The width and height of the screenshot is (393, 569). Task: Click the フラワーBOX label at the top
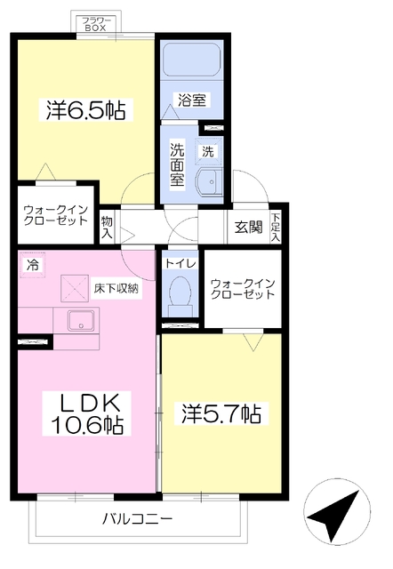pos(95,24)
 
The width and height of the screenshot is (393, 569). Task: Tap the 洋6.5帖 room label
pos(86,110)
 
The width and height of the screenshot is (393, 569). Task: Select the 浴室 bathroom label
pos(192,100)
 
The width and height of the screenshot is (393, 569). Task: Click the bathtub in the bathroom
pos(191,60)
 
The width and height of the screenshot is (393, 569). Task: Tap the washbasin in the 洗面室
pos(209,182)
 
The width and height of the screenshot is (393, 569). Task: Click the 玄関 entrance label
pos(248,228)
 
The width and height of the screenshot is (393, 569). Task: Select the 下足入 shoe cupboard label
pos(276,228)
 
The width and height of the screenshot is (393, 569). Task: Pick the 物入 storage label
pos(107,228)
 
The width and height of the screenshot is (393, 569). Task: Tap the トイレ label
pos(180,264)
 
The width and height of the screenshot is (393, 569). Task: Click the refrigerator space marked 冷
pos(32,265)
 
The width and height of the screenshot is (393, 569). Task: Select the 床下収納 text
pos(116,288)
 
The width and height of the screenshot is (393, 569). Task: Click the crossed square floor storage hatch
pos(75,288)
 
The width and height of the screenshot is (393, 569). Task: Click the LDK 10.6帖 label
pos(87,413)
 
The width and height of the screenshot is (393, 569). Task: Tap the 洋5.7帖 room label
pos(221,413)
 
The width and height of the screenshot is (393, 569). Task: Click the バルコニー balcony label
pos(137,519)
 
